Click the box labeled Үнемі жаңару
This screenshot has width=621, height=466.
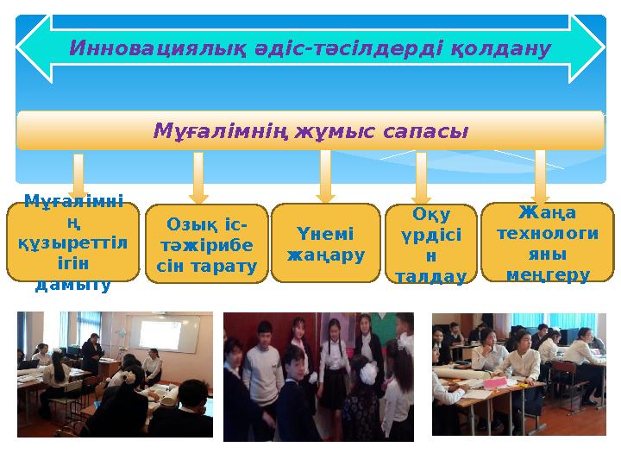pos(325,244)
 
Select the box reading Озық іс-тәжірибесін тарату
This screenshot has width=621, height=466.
pos(206,245)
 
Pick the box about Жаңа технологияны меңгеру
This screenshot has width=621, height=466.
pos(547,243)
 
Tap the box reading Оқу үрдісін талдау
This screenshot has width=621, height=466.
pos(429,245)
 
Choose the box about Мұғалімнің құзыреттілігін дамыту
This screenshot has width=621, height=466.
pos(73,243)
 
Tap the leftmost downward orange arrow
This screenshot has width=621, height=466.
pos(78,177)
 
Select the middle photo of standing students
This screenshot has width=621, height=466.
pos(318,376)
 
